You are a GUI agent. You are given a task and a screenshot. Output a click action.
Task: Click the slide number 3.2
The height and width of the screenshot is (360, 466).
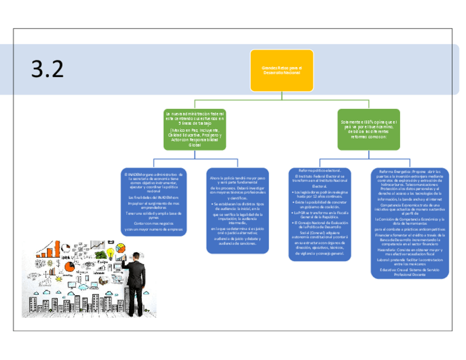pyautogui.click(x=47, y=69)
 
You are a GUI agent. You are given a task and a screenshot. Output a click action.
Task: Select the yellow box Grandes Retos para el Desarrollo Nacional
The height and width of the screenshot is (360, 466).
pyautogui.click(x=281, y=70)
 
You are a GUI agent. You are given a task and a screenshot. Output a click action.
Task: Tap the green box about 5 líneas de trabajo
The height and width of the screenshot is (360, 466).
pyautogui.click(x=195, y=129)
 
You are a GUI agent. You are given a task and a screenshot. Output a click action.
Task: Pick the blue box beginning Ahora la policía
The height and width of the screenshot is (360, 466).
pyautogui.click(x=237, y=211)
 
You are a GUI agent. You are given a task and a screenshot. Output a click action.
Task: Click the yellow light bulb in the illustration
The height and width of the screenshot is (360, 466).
pyautogui.click(x=110, y=253)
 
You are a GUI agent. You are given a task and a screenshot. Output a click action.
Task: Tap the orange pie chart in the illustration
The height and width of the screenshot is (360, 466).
pyautogui.click(x=69, y=267)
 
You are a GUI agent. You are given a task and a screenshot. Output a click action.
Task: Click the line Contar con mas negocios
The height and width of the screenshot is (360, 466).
pyautogui.click(x=153, y=223)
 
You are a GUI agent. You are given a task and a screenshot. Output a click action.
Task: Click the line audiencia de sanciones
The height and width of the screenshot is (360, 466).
pyautogui.click(x=237, y=243)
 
